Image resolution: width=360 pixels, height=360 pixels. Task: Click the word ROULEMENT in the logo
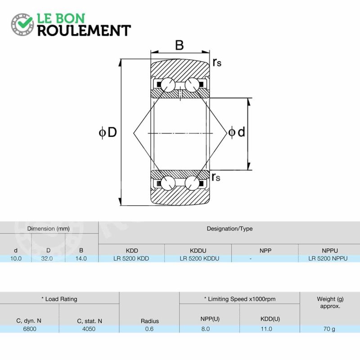pos(84,31)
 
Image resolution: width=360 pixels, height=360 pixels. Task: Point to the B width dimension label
pos(179,45)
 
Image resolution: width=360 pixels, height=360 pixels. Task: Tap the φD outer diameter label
pos(108,132)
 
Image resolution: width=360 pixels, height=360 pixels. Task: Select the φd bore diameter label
pos(237,132)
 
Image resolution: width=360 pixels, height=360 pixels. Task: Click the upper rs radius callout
pos(217,62)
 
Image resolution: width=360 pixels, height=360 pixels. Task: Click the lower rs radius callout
pos(216,177)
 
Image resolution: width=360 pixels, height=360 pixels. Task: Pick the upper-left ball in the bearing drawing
pos(168,85)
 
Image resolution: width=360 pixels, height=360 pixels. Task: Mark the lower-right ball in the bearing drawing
pos(192,183)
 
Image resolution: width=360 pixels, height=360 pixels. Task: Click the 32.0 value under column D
pos(47,258)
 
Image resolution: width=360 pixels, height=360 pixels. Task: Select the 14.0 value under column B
pos(81,258)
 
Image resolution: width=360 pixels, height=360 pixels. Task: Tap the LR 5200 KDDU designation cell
pos(199,258)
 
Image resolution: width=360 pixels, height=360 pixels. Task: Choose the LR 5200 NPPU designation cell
pos(328,258)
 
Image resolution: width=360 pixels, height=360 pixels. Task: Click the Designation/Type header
pos(229,229)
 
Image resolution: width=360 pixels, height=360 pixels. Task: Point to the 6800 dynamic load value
pos(30,329)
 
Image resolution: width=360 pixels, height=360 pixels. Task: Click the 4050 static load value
pos(89,329)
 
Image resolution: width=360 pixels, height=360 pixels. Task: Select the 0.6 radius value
pos(149,329)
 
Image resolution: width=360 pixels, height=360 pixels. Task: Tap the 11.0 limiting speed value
pos(266,329)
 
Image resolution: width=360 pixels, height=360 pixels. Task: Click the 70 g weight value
pos(329,329)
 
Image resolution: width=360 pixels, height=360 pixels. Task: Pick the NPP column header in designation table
pos(265,251)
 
